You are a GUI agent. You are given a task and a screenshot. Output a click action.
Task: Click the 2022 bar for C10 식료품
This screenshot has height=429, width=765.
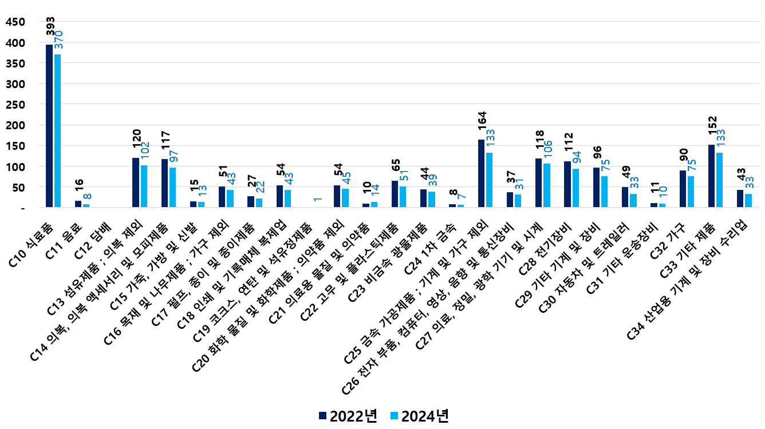point(49,126)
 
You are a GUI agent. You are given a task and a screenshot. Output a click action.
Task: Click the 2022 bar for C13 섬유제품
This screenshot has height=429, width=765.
point(136,182)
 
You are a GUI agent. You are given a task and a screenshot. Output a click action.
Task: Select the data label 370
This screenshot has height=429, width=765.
point(58,39)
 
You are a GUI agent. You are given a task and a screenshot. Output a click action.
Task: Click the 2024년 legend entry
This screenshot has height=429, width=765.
point(418,416)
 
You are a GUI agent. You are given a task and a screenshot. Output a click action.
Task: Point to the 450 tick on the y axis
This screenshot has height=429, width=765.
point(15,22)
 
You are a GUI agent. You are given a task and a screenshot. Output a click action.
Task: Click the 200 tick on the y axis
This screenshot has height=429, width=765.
point(15,125)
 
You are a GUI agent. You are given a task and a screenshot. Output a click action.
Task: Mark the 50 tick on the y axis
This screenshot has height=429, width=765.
point(19,187)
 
